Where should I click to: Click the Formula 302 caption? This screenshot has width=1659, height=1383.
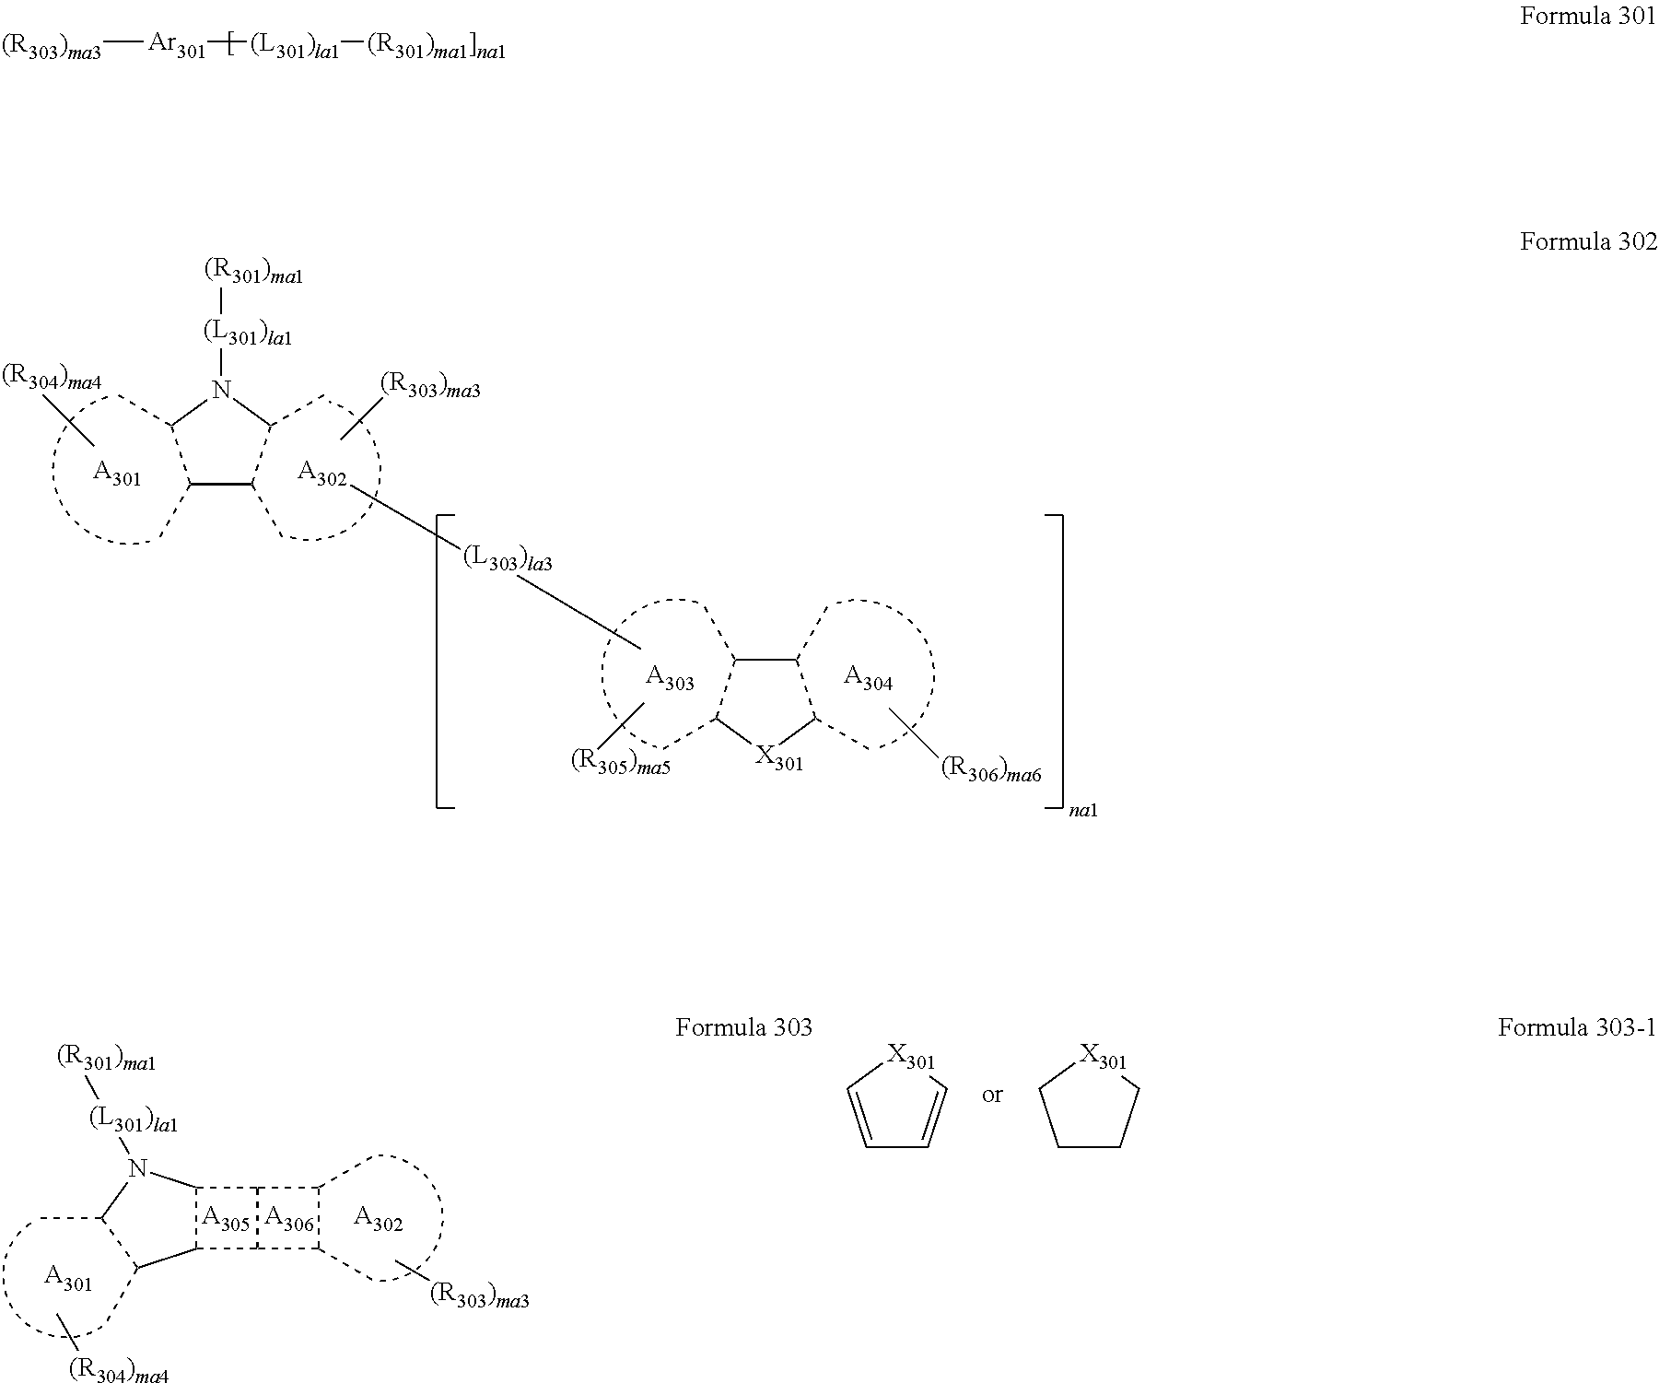1588,241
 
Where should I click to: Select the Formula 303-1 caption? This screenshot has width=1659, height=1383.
1577,1027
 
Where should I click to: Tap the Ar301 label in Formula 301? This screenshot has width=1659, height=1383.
177,47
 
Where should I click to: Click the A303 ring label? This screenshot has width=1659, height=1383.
670,678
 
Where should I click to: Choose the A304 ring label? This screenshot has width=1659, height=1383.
869,678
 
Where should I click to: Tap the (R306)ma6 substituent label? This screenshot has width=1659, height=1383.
991,770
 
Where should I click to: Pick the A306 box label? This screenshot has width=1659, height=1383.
289,1219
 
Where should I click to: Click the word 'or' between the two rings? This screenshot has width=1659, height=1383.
992,1096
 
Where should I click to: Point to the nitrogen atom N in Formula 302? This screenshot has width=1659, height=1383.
221,390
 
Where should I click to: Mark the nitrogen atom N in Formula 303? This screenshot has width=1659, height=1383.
138,1169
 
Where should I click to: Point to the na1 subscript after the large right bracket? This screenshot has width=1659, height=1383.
1083,812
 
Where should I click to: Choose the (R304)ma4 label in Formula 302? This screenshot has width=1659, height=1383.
52,378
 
